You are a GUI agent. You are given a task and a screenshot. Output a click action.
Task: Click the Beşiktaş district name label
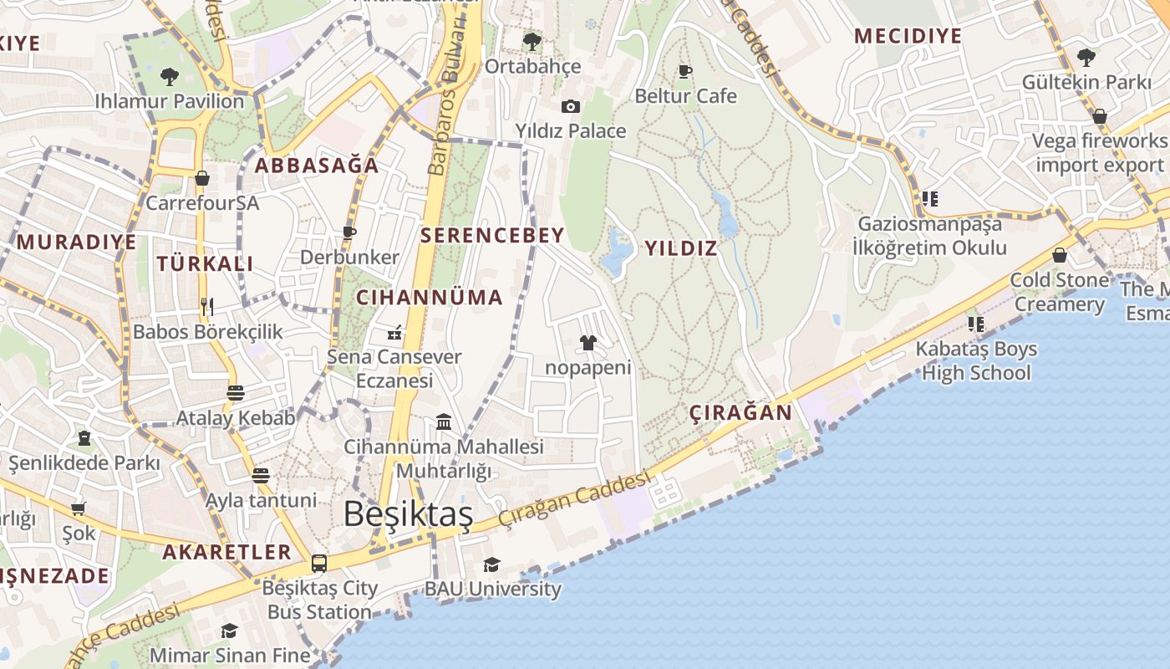coord(408,513)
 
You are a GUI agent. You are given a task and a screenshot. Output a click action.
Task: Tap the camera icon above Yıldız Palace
coord(571,106)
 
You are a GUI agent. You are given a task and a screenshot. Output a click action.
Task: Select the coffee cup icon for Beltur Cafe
coord(685,71)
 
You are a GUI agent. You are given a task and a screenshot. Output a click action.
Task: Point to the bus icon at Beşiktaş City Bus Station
coord(319,563)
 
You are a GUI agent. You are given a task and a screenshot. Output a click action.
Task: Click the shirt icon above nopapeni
coord(588,343)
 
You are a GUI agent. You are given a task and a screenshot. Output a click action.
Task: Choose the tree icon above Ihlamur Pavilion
coord(170,77)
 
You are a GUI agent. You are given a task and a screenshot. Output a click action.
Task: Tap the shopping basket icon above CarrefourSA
coord(202,178)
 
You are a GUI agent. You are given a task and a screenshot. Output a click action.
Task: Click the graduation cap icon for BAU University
coord(491,564)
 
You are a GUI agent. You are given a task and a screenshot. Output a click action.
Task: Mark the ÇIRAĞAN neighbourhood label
coord(740,412)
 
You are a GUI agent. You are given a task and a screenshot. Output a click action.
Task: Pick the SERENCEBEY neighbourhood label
coord(492,235)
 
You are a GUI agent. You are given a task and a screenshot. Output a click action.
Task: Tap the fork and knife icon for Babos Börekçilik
coord(207,306)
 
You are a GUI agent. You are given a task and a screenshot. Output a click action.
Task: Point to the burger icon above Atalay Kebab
coord(236,392)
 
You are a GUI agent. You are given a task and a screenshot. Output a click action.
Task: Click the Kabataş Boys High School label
coord(976,360)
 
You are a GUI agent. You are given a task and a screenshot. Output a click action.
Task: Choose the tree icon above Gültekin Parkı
coord(1086,58)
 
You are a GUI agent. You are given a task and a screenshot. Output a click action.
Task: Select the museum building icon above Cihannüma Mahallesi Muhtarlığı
coord(444,422)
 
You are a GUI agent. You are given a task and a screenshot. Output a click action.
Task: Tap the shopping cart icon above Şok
coord(79,508)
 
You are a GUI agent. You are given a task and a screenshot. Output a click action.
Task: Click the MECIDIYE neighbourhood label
coord(908,36)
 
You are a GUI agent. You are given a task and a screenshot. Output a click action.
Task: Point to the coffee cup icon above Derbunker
coord(349,232)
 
